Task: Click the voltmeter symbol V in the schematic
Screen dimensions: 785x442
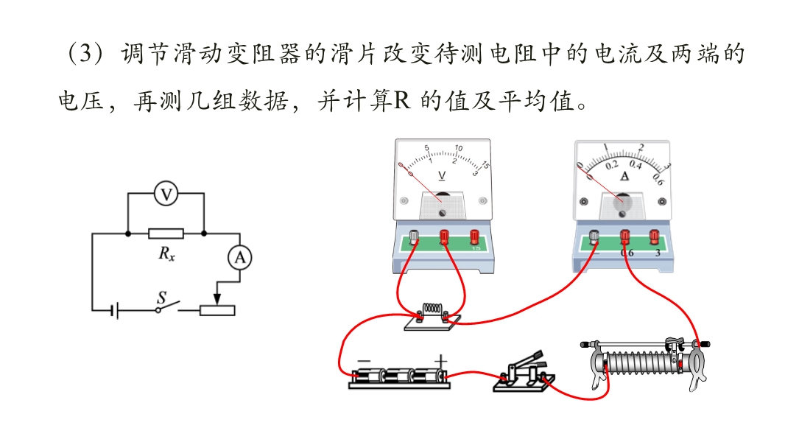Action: click(x=166, y=194)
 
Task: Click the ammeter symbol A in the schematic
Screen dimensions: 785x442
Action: click(x=240, y=258)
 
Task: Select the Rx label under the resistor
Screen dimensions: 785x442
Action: click(x=166, y=254)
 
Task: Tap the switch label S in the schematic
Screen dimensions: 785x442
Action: click(x=161, y=298)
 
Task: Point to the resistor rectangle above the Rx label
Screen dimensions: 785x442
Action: click(x=166, y=234)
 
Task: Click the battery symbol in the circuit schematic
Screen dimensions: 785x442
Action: click(x=115, y=310)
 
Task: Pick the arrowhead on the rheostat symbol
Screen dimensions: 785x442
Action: click(x=217, y=299)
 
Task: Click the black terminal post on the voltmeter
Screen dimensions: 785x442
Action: click(x=414, y=236)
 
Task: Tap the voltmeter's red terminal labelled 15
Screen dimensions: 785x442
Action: click(x=474, y=236)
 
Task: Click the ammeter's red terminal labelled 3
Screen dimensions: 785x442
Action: click(x=654, y=236)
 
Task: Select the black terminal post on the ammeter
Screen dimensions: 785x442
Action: click(x=594, y=236)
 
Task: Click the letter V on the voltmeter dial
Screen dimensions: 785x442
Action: click(x=442, y=176)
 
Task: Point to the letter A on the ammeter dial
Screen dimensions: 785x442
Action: click(x=624, y=176)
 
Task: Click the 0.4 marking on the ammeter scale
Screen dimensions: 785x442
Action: click(x=636, y=164)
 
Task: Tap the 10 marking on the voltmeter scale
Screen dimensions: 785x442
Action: click(x=459, y=147)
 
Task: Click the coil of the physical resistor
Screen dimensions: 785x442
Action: click(x=432, y=309)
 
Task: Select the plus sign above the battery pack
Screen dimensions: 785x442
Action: click(x=440, y=360)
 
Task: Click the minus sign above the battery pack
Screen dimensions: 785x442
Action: click(x=364, y=361)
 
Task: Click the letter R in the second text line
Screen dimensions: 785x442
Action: click(x=401, y=101)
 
